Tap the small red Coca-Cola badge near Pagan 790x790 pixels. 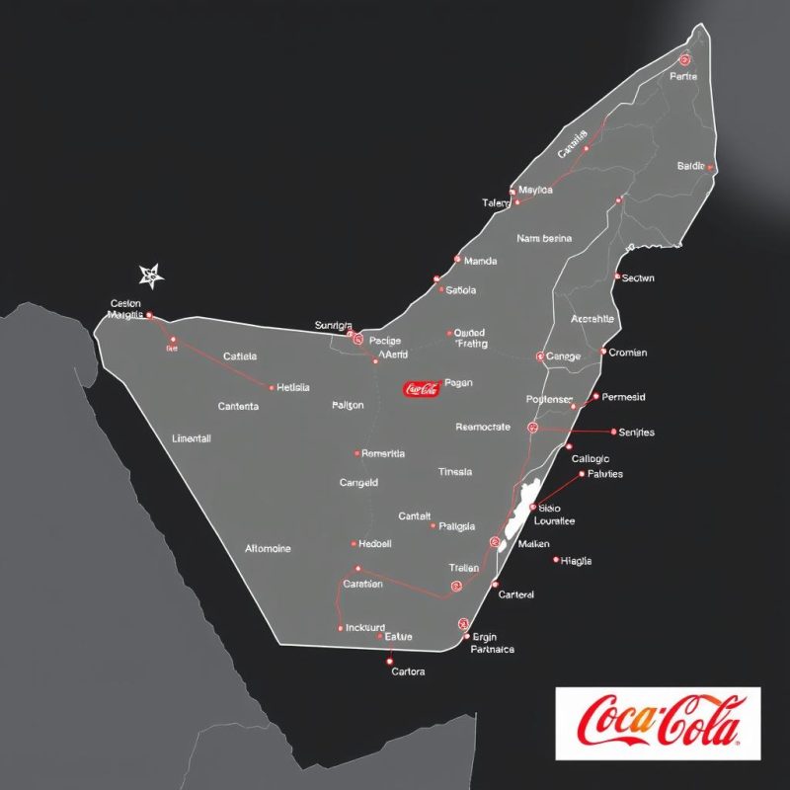(421, 389)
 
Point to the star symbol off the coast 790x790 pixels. (150, 276)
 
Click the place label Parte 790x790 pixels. (683, 76)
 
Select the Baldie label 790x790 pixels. (691, 166)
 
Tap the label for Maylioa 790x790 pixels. (535, 190)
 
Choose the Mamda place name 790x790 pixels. (480, 262)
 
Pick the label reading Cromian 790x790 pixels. (628, 353)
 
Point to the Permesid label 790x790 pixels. (623, 397)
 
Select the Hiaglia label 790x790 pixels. (576, 561)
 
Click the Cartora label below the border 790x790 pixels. (408, 671)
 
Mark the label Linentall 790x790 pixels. (192, 438)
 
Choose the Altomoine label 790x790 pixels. (268, 548)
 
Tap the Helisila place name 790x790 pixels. (294, 387)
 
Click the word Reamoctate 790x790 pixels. (483, 428)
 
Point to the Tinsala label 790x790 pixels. (454, 472)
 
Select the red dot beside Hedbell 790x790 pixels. (354, 544)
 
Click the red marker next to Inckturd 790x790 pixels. (340, 627)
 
